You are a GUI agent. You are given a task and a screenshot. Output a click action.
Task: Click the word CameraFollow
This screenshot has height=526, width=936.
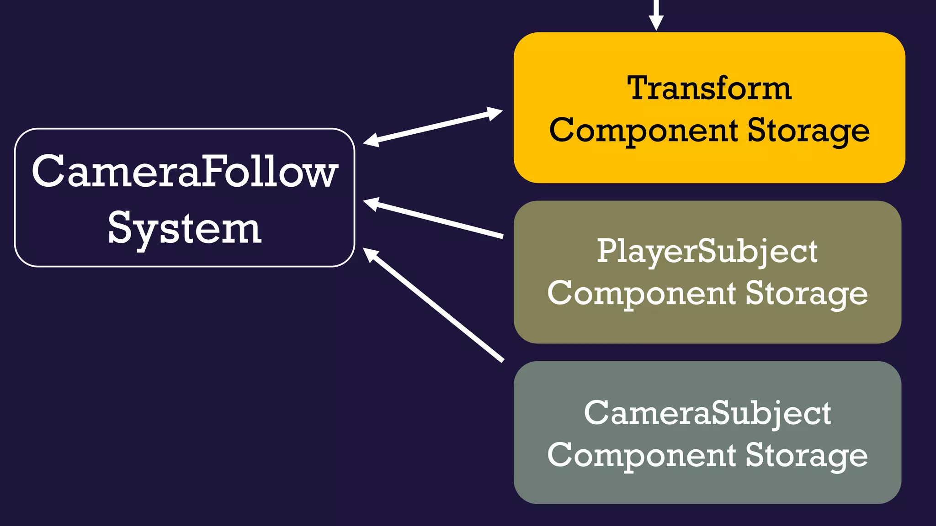pyautogui.click(x=185, y=171)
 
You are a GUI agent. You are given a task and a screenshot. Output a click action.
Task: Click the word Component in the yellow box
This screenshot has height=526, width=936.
pyautogui.click(x=643, y=131)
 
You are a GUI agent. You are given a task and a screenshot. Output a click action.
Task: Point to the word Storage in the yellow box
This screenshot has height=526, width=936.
pyautogui.click(x=808, y=131)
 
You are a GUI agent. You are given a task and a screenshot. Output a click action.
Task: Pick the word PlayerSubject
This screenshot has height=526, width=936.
pyautogui.click(x=707, y=252)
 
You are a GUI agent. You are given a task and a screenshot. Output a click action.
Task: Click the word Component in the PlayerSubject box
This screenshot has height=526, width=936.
pyautogui.click(x=641, y=293)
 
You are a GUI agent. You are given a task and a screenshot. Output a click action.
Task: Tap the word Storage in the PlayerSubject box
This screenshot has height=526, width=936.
pyautogui.click(x=806, y=293)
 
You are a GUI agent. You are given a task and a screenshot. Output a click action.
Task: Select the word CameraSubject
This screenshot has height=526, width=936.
pyautogui.click(x=707, y=413)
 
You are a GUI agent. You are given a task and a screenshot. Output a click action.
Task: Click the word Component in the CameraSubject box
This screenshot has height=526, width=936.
pyautogui.click(x=641, y=455)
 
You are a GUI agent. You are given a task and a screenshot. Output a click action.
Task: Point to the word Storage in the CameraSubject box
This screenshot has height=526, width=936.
pyautogui.click(x=806, y=455)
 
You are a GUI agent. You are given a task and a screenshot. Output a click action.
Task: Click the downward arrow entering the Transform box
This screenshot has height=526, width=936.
pyautogui.click(x=656, y=16)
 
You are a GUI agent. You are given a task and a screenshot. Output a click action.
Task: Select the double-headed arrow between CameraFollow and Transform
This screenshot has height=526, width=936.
pyautogui.click(x=433, y=127)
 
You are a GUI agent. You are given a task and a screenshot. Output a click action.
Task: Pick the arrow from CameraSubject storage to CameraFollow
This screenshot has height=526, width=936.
pyautogui.click(x=434, y=305)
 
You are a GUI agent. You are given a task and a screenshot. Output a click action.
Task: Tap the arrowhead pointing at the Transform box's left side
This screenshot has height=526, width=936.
pyautogui.click(x=495, y=113)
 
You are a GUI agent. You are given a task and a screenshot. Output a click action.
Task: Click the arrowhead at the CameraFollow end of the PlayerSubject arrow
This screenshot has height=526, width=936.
pyautogui.click(x=371, y=203)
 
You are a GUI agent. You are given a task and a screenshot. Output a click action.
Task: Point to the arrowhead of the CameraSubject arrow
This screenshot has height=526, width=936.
pyautogui.click(x=370, y=254)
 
